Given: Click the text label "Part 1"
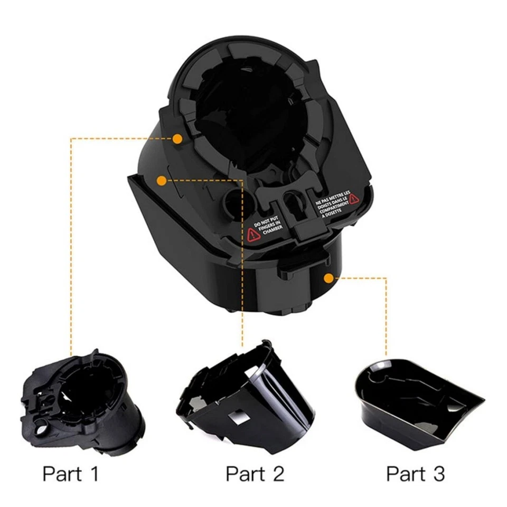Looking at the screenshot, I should point(70,473).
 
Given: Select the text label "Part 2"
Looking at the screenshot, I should point(255,473).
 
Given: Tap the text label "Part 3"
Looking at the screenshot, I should point(415,473).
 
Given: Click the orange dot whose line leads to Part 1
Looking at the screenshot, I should point(177,139).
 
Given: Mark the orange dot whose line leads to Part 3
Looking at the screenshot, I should point(328,277).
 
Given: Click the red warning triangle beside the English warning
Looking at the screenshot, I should point(253,234).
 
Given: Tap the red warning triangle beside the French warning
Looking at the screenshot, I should point(353,199).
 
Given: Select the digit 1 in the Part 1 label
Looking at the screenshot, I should point(93,473).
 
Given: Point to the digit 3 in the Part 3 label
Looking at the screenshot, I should point(438,473).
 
